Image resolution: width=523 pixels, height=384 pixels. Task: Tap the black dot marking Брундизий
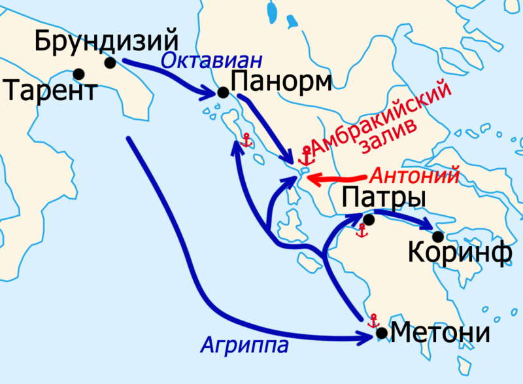tap(110, 63)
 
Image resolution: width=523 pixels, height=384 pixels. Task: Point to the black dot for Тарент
tap(79, 73)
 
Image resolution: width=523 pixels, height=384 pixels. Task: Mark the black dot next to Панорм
tap(223, 93)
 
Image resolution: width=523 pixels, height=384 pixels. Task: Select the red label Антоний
tap(414, 175)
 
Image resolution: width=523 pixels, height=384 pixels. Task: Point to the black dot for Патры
tap(369, 220)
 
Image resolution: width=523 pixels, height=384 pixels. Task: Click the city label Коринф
tap(460, 254)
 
